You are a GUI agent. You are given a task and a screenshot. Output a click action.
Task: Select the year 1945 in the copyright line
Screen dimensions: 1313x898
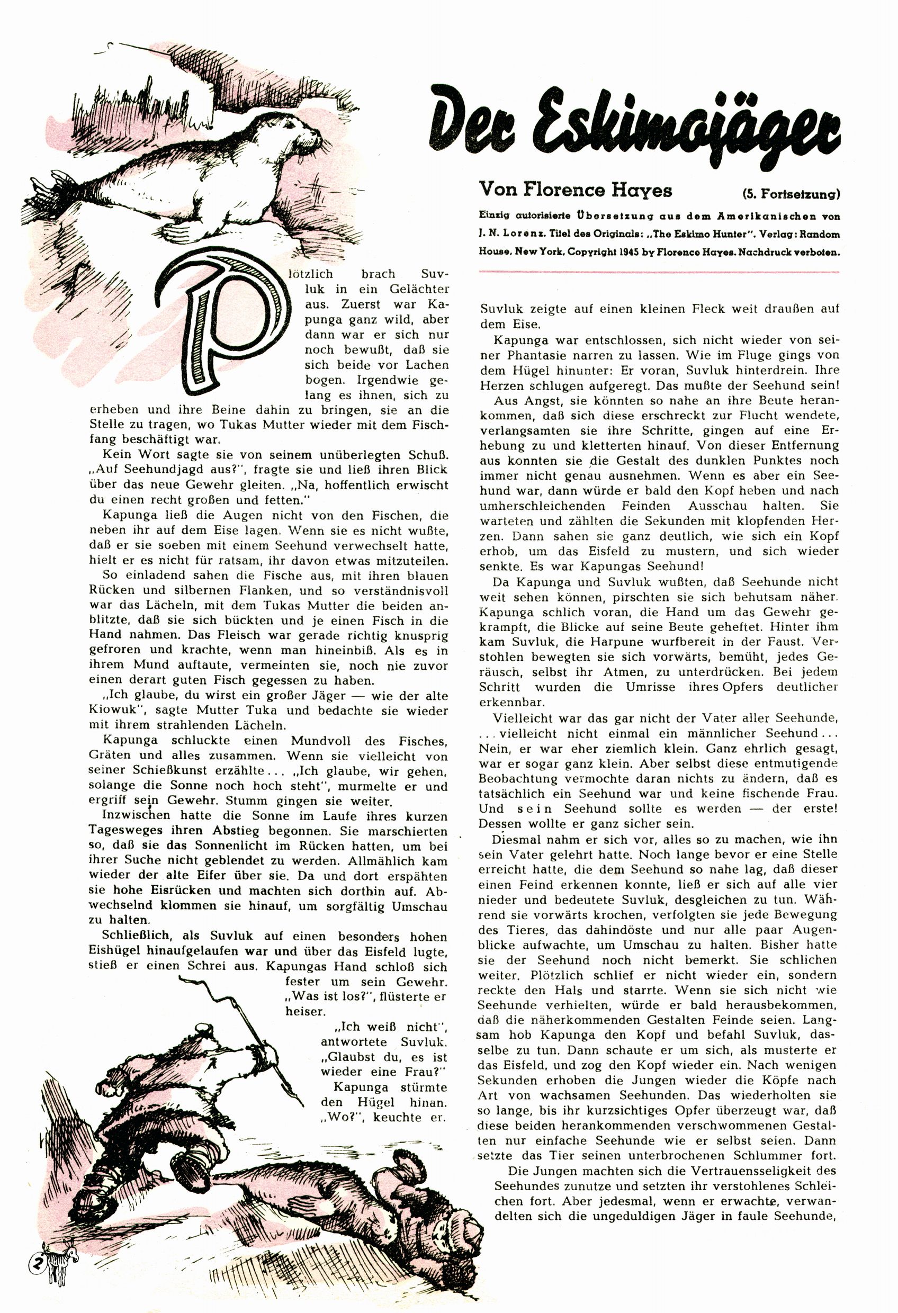[630, 253]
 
